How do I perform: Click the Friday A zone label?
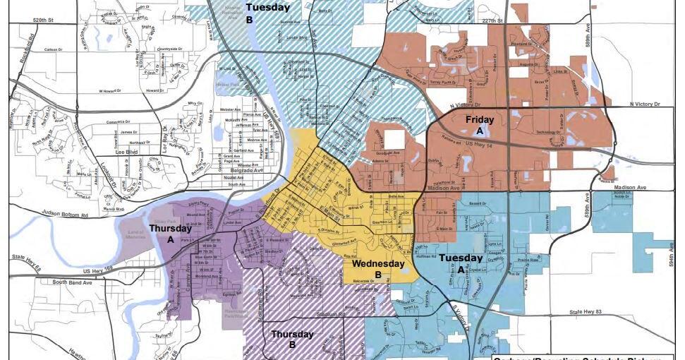(479, 125)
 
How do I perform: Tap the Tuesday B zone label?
(267, 13)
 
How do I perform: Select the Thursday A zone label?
(171, 234)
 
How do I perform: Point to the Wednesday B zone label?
(378, 269)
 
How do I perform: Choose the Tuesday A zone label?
(461, 263)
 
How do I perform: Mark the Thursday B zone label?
(293, 339)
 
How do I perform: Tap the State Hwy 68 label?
(26, 257)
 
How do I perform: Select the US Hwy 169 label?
(97, 270)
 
